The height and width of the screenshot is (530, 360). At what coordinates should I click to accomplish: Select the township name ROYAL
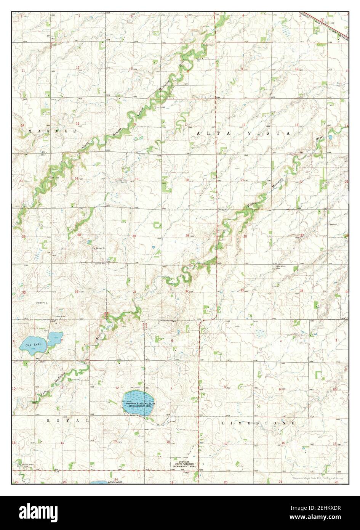(x=68, y=421)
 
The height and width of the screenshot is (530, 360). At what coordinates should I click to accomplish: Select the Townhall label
(x=333, y=225)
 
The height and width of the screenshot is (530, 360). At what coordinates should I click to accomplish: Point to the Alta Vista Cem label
(x=280, y=266)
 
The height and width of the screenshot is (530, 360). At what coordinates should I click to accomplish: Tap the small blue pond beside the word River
(x=330, y=137)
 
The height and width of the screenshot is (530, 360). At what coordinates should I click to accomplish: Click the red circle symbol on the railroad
(x=322, y=19)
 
